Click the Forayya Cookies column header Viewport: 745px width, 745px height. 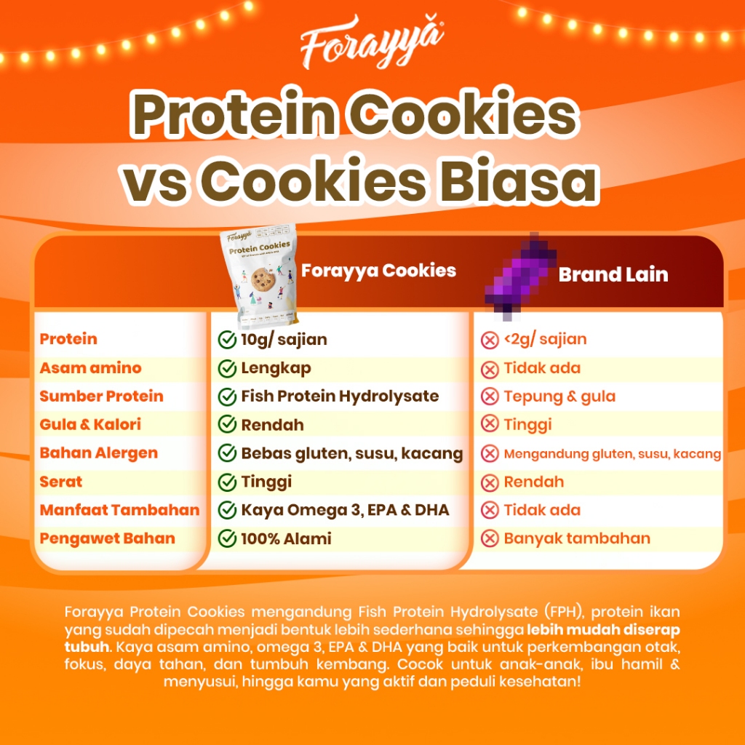coord(378,271)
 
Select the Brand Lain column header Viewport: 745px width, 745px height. coord(613,275)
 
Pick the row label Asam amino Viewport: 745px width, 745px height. coord(90,368)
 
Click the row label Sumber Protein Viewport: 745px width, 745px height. coord(101,397)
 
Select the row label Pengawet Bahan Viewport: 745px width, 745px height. coord(107,539)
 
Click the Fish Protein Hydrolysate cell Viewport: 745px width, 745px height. coord(340,397)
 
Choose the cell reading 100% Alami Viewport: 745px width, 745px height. coord(286,539)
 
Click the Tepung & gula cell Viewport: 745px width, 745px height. coord(559,397)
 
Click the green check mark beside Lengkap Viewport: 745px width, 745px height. coord(227,369)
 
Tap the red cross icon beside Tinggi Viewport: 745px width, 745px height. coord(490,425)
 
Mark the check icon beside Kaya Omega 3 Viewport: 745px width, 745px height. coord(227,511)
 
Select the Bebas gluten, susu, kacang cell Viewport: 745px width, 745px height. coord(351,454)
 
